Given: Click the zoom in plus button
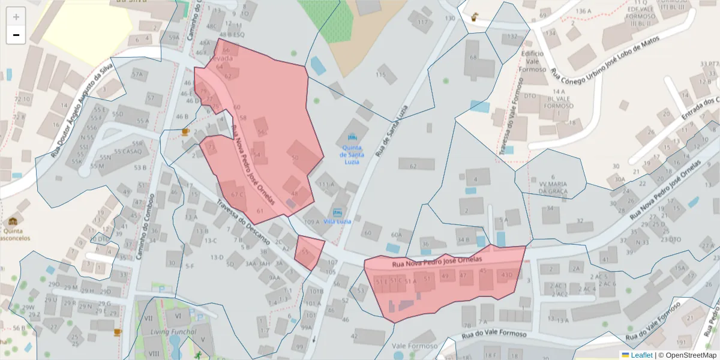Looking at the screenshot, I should click(x=16, y=17).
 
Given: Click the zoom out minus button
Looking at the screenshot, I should click(x=16, y=35).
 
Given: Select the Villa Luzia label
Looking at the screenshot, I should click(x=337, y=221).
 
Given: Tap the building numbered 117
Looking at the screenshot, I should click(x=422, y=23).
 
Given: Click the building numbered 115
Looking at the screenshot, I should click(x=381, y=75).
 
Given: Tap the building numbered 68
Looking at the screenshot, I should click(x=474, y=58).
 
